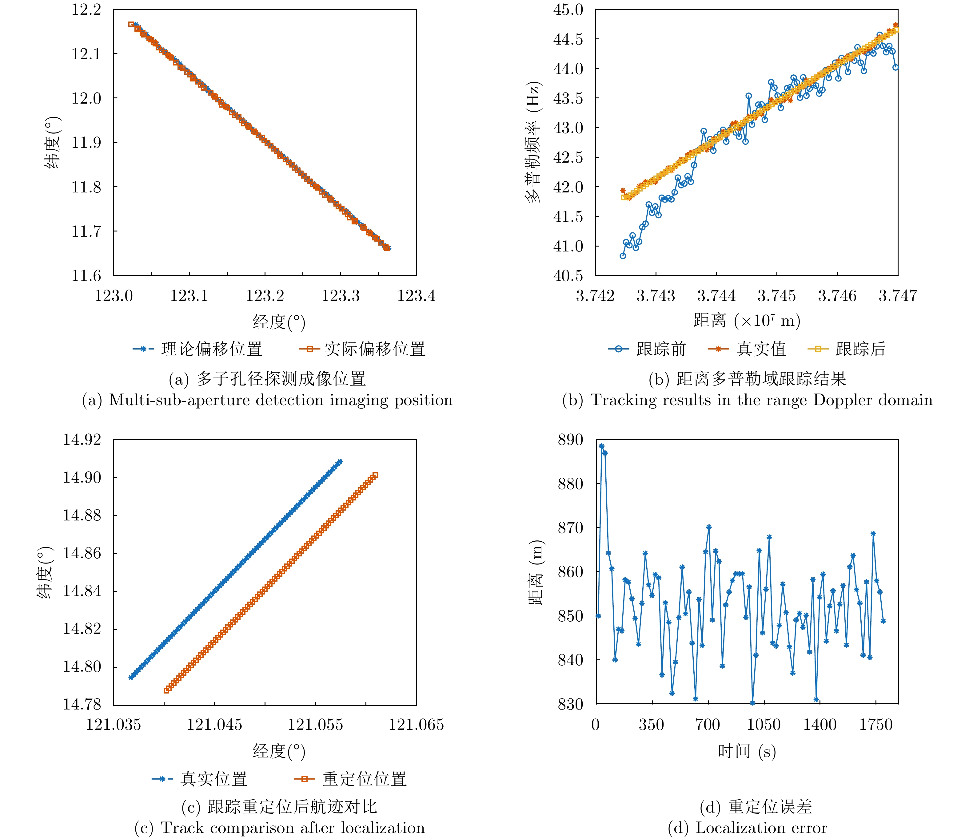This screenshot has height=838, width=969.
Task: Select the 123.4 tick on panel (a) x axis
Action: pyautogui.click(x=416, y=295)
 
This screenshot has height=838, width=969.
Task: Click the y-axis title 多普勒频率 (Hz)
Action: pyautogui.click(x=533, y=143)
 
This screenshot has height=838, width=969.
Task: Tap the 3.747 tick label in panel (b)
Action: pyautogui.click(x=897, y=295)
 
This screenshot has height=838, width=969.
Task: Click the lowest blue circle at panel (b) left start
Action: pyautogui.click(x=623, y=256)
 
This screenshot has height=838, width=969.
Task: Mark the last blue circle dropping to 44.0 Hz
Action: pyautogui.click(x=895, y=67)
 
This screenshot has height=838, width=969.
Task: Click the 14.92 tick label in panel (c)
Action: pyautogui.click(x=82, y=440)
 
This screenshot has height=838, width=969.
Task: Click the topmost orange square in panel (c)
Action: pyautogui.click(x=375, y=475)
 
